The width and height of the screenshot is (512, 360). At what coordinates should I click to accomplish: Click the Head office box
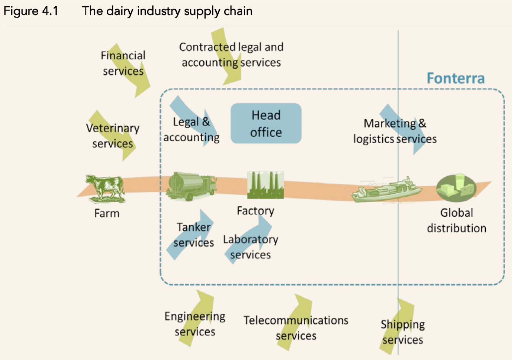(266, 123)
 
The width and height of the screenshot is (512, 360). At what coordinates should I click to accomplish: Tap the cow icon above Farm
(105, 188)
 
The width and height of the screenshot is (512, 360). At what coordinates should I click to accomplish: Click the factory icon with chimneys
(265, 185)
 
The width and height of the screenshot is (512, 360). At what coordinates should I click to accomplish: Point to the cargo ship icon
(386, 190)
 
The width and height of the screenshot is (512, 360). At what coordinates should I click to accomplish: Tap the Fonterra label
(455, 79)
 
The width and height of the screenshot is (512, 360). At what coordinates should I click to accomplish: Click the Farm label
(107, 213)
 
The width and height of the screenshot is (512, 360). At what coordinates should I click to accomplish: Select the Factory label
(255, 211)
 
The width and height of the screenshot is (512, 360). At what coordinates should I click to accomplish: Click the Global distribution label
(456, 220)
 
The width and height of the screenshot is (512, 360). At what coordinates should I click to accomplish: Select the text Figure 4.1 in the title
(31, 11)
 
